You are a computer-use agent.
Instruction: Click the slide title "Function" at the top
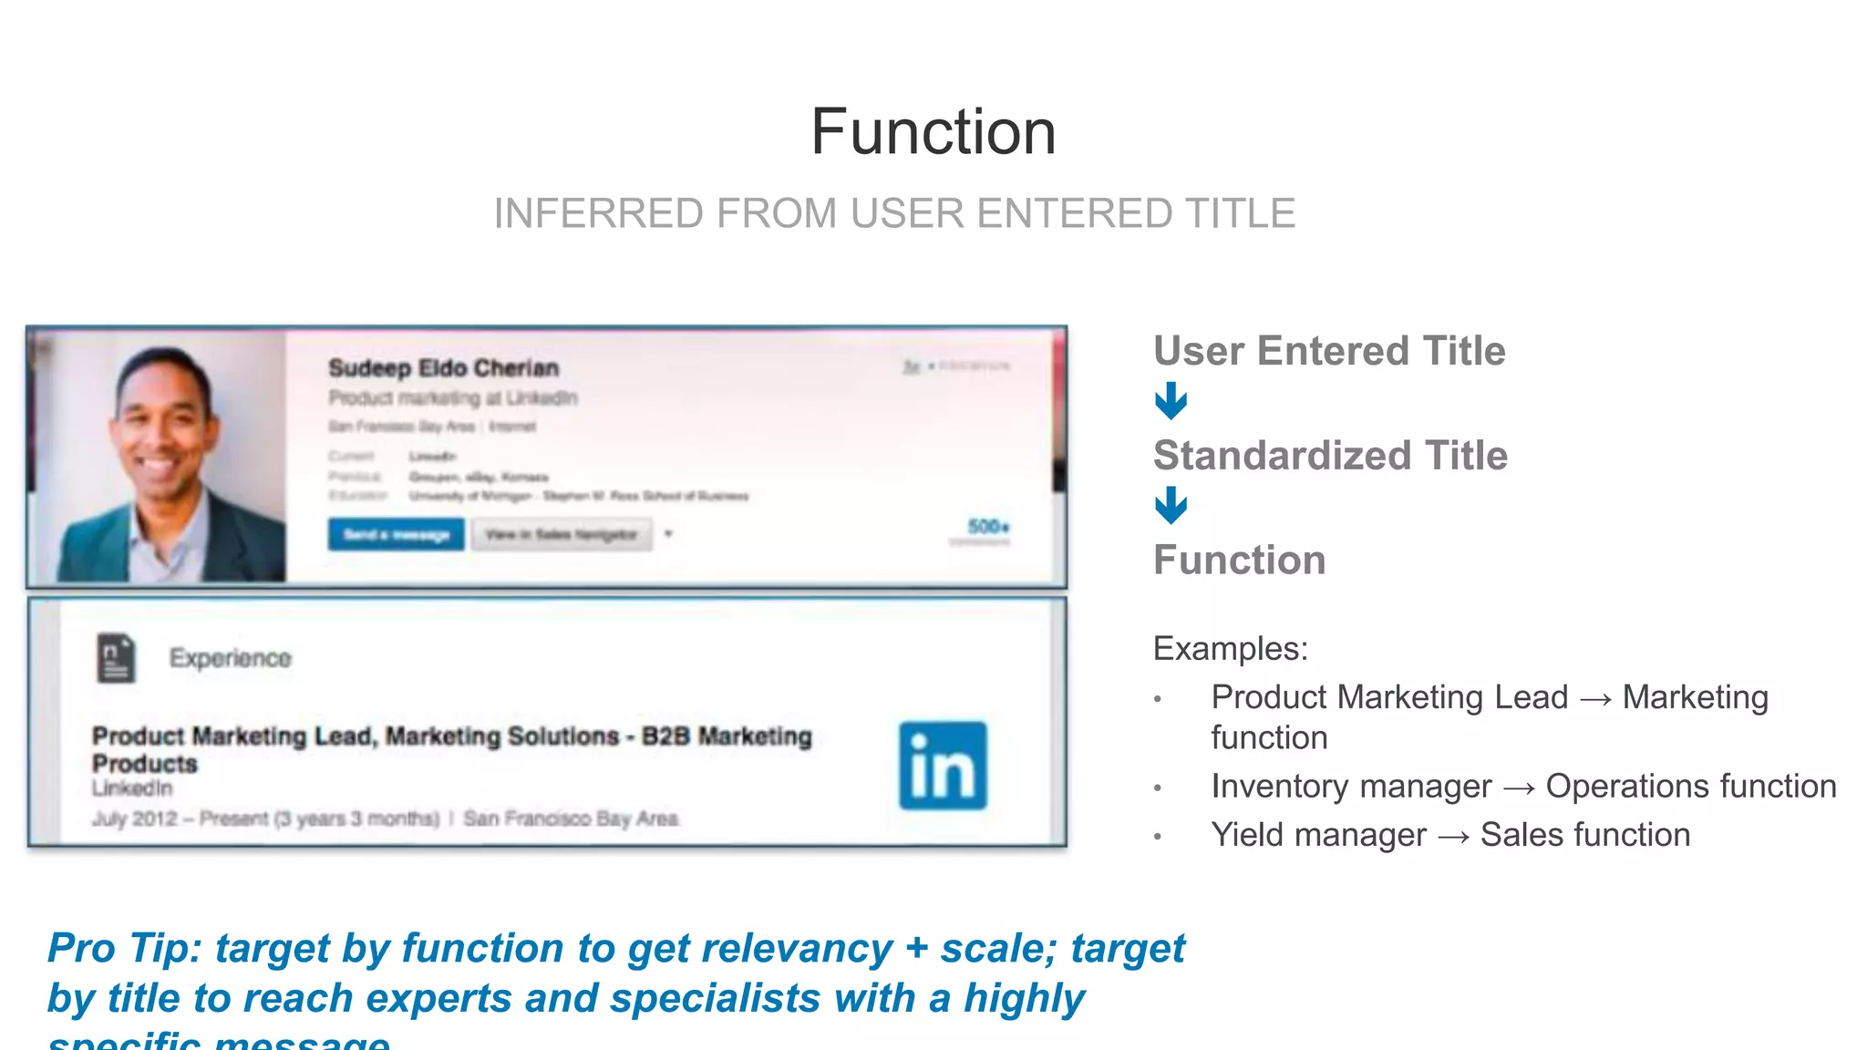(933, 132)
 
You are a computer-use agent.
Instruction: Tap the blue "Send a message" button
(396, 534)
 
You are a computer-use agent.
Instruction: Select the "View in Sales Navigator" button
(561, 534)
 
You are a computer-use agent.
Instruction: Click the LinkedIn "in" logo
(943, 766)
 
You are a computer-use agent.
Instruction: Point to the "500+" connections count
(987, 527)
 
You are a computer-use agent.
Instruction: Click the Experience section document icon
(116, 658)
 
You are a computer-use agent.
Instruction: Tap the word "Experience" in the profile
(230, 658)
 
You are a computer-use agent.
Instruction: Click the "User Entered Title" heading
(1328, 351)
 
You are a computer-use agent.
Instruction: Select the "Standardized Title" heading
(1330, 456)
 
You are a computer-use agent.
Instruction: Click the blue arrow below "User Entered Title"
(1171, 401)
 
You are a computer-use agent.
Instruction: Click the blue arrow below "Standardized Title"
(1171, 506)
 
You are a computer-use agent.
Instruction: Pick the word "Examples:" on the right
(1230, 649)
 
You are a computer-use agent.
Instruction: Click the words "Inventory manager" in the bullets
(1350, 787)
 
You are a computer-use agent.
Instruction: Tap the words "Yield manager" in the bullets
(1317, 835)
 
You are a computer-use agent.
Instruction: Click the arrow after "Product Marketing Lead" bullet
(1595, 699)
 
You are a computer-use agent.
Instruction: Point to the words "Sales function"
(1584, 835)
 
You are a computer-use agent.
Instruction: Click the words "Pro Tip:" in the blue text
(124, 949)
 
